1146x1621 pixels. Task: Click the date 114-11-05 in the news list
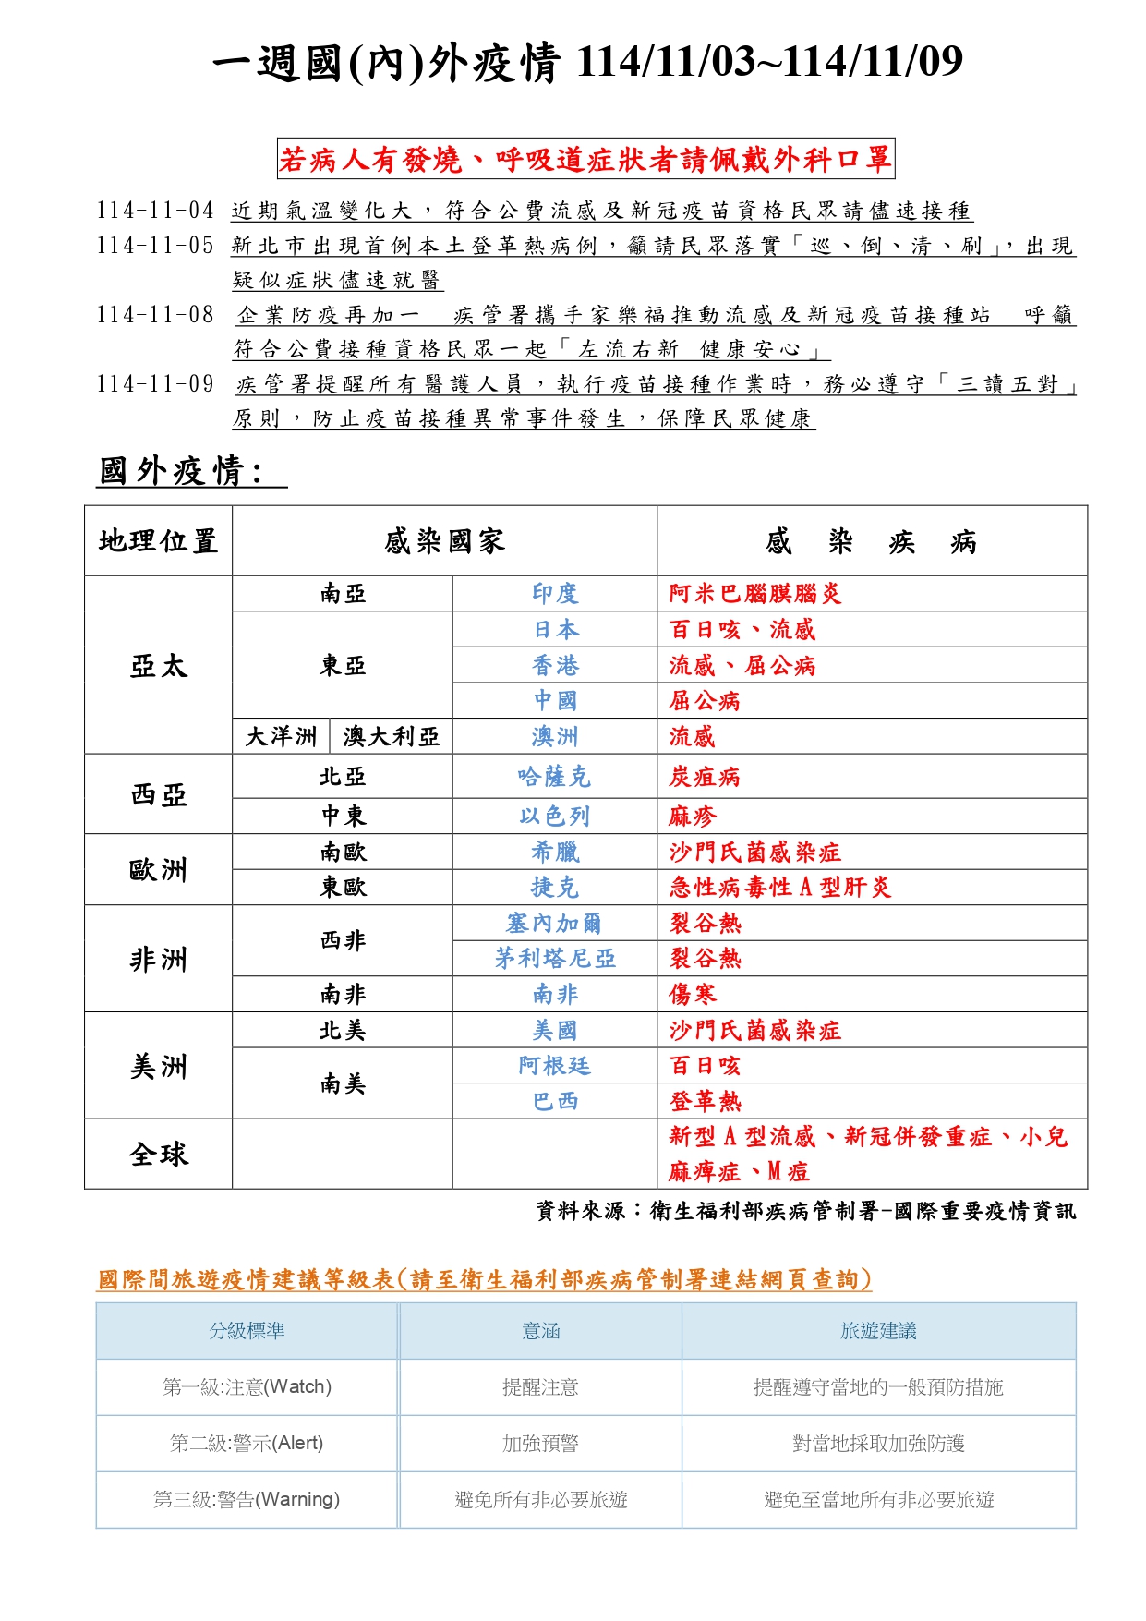[x=155, y=246]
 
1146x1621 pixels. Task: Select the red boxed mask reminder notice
[x=585, y=160]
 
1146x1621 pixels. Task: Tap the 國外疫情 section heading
[x=182, y=471]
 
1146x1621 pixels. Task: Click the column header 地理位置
[x=158, y=540]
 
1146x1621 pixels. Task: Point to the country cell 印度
[x=554, y=593]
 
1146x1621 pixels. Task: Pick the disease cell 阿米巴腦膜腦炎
[x=755, y=593]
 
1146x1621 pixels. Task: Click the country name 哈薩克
[x=554, y=777]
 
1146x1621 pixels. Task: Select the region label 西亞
[x=158, y=794]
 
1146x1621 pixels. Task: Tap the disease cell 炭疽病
[x=705, y=777]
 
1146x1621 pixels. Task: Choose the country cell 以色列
[x=554, y=817]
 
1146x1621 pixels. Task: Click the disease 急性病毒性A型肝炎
[x=780, y=888]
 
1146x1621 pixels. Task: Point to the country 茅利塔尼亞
[x=554, y=959]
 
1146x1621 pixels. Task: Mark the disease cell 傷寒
[x=693, y=995]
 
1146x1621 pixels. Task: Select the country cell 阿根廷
[x=554, y=1066]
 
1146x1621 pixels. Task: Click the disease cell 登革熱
[x=705, y=1101]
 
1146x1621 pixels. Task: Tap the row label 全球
[x=158, y=1154]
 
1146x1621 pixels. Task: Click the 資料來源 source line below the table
[x=805, y=1211]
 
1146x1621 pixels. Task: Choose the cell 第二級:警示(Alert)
[x=247, y=1443]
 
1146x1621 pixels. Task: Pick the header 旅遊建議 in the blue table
[x=878, y=1331]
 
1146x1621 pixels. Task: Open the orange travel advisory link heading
[x=485, y=1279]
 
